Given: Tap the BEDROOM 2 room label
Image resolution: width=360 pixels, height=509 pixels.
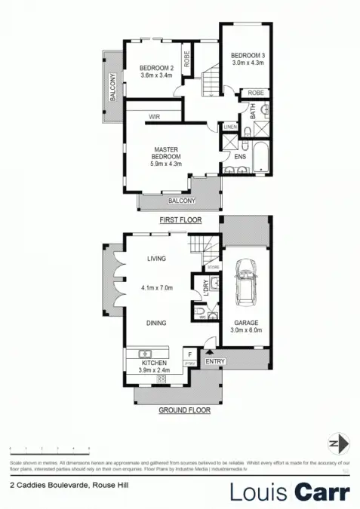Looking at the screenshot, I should click(x=156, y=68).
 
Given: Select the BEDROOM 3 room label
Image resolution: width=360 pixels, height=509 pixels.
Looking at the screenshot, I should click(x=245, y=54).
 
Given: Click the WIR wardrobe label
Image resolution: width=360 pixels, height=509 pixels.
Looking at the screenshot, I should click(x=154, y=117).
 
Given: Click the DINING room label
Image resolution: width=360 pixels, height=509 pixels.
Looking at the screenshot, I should click(x=156, y=323).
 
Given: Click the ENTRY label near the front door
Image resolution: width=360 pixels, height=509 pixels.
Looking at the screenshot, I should click(x=215, y=361).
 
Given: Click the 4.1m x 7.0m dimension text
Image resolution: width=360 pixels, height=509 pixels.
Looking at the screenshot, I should click(x=157, y=287).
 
